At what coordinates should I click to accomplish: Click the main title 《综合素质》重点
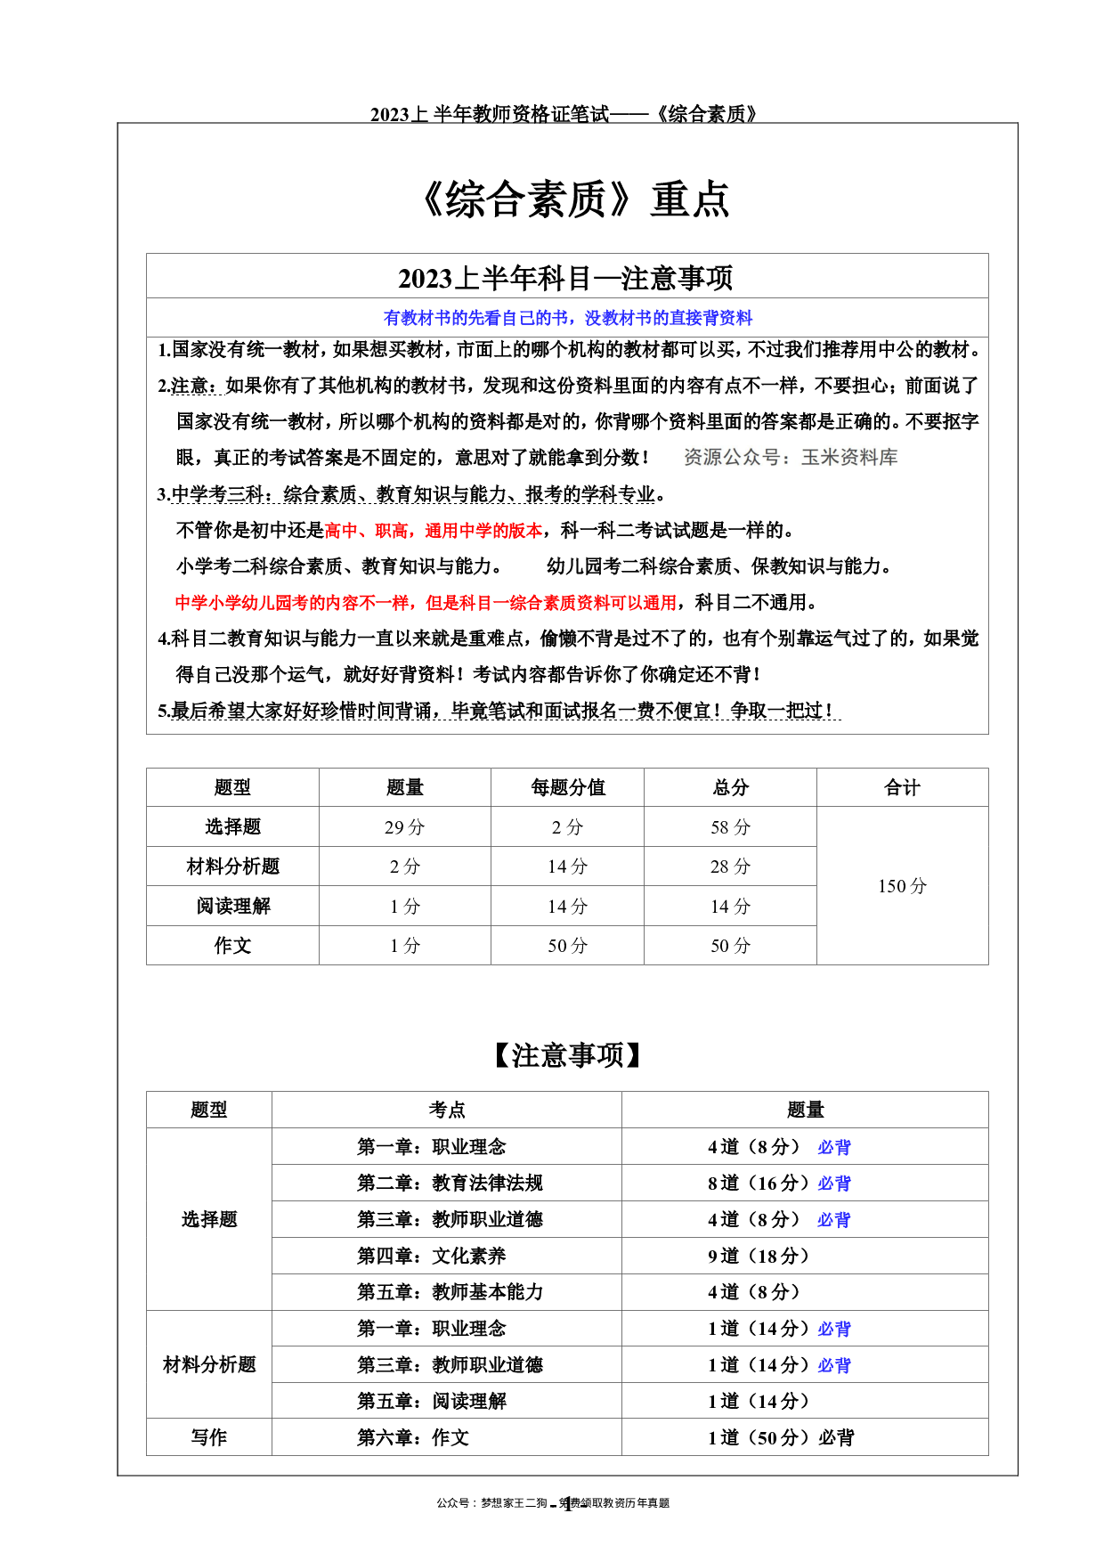[x=574, y=199]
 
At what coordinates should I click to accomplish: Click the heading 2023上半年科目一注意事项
[x=566, y=278]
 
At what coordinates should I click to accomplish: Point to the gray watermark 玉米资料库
[x=849, y=457]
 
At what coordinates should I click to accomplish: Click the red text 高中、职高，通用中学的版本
[x=434, y=531]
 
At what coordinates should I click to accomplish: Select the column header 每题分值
[x=568, y=787]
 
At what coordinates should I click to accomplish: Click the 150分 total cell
[x=902, y=886]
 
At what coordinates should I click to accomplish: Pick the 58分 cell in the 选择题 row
[x=730, y=827]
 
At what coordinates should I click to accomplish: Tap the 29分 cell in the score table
[x=404, y=827]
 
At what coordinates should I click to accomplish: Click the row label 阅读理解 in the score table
[x=233, y=906]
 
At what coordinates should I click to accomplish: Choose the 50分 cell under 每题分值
[x=568, y=946]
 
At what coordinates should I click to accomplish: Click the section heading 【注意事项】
[x=567, y=1055]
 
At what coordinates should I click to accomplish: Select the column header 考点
[x=447, y=1110]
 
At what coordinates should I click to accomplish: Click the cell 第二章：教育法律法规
[x=450, y=1183]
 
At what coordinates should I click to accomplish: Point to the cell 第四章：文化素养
[x=432, y=1256]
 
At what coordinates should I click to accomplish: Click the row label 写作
[x=209, y=1437]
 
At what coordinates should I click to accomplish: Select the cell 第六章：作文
[x=413, y=1437]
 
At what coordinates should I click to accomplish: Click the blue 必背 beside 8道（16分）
[x=834, y=1184]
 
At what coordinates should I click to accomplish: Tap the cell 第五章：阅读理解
[x=432, y=1401]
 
